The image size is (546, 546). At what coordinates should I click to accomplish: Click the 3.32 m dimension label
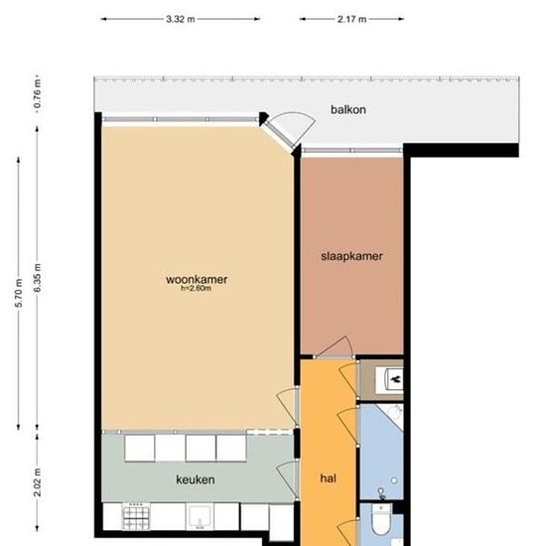(181, 19)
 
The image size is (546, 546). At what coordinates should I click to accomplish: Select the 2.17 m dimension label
(351, 19)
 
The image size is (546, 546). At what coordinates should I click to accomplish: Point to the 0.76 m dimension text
(38, 94)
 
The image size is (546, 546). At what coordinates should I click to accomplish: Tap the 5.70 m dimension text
(19, 293)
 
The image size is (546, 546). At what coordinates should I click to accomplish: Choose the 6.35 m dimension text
(38, 278)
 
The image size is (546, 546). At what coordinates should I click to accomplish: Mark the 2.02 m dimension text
(38, 482)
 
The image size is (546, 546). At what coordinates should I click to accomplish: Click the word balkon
(348, 109)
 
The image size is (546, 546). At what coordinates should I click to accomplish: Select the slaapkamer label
(351, 256)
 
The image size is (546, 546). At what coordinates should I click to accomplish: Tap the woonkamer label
(197, 279)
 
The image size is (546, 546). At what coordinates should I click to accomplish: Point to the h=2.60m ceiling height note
(196, 288)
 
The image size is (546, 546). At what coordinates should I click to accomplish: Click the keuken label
(196, 479)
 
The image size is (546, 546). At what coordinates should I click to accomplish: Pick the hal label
(328, 478)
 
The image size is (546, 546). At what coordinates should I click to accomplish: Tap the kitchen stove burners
(136, 516)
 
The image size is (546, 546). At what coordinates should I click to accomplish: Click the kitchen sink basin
(200, 517)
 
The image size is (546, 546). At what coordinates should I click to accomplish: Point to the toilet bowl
(381, 520)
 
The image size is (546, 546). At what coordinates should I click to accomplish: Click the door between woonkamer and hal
(288, 407)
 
